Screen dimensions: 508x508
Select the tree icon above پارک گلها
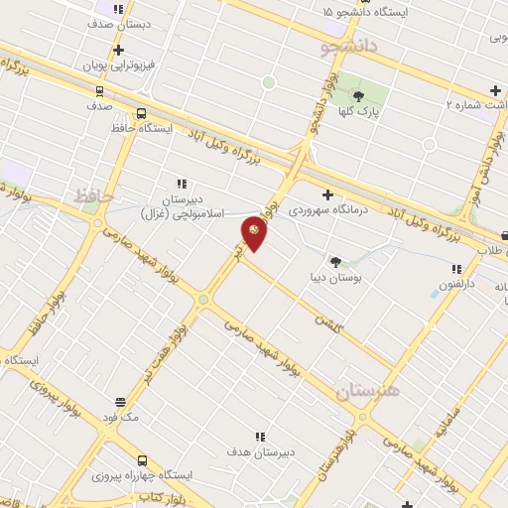[x=358, y=96]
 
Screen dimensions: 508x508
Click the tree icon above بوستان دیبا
[x=336, y=262]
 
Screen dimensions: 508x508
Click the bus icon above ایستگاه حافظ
[x=141, y=113]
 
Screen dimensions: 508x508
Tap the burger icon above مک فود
[x=120, y=403]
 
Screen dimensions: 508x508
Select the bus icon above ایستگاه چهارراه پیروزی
[x=142, y=460]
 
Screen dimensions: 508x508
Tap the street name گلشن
[x=327, y=322]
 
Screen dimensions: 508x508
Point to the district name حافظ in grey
[x=95, y=195]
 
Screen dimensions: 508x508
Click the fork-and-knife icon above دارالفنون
[x=456, y=269]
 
